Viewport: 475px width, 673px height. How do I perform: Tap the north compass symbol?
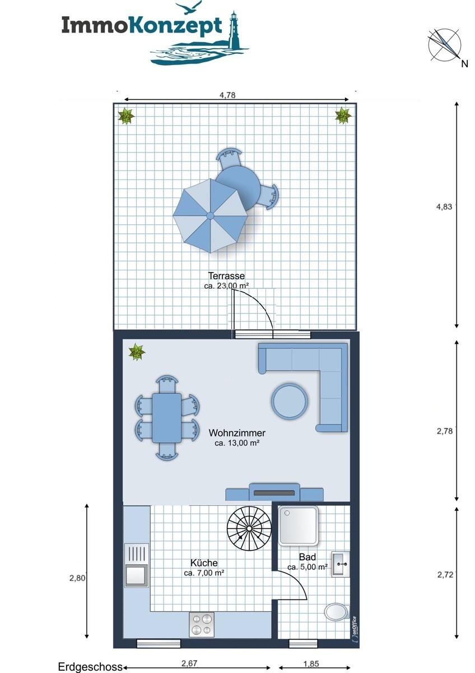pos(444,44)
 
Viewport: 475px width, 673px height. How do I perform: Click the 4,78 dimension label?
pos(228,95)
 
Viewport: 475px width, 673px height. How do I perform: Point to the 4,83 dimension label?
pos(444,206)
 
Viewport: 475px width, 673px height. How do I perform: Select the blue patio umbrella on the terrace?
pos(211,216)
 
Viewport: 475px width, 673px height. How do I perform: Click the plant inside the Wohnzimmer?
pos(137,352)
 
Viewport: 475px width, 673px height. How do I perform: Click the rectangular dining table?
pos(166,418)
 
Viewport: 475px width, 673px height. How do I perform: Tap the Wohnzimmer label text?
pos(237,433)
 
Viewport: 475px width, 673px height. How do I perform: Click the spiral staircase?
pos(249,528)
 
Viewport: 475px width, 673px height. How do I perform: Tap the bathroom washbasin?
pos(341,564)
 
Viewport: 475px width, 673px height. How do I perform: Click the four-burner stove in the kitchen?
pos(201,624)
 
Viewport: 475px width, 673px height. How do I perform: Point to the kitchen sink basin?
pos(137,575)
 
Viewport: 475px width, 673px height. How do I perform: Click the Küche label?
pos(204,563)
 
